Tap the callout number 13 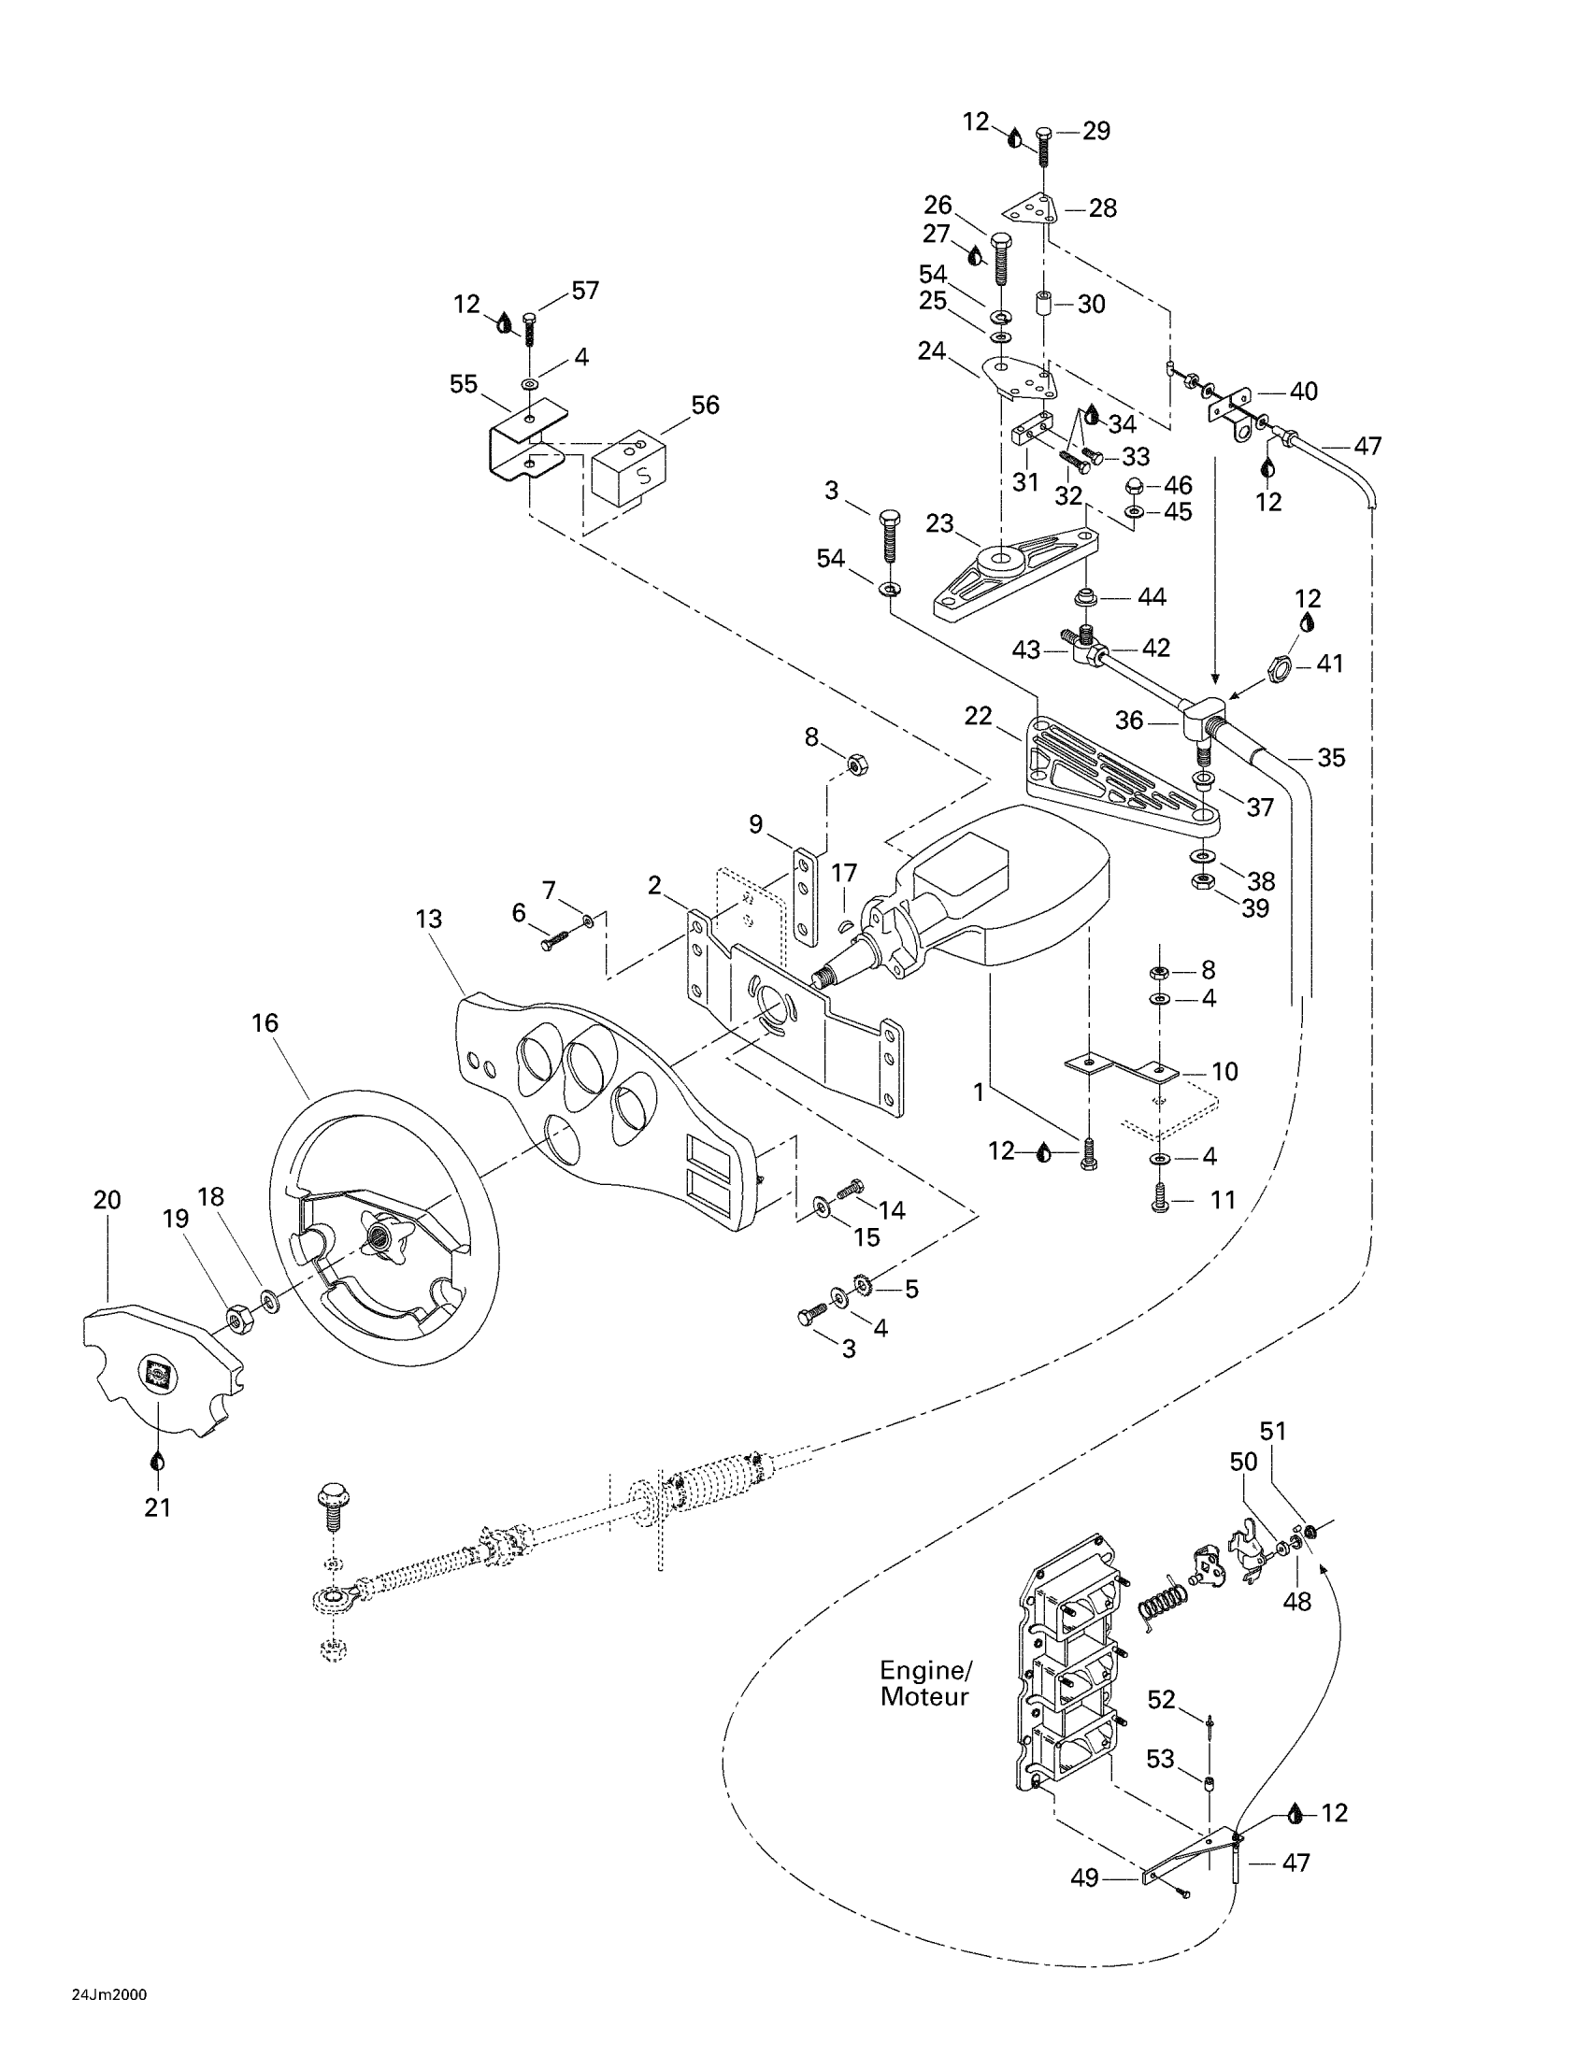[x=428, y=918]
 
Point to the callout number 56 [x=705, y=405]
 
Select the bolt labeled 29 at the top [x=1043, y=147]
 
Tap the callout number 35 [x=1331, y=757]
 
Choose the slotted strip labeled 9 [x=805, y=896]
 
